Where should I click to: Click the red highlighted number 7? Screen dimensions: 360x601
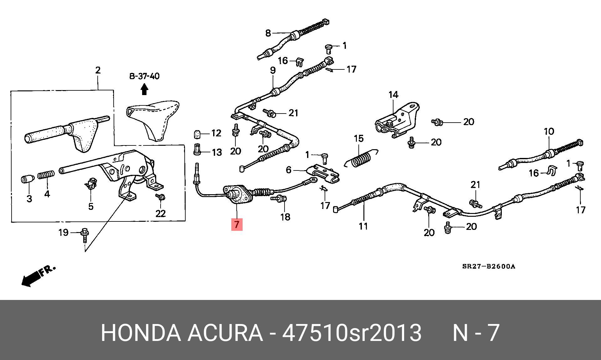(x=237, y=224)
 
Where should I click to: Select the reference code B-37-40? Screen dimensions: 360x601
(x=144, y=76)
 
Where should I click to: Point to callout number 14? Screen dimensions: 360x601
(x=393, y=94)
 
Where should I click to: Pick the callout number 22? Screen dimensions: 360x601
(x=160, y=214)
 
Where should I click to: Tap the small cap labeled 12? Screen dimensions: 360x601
(x=196, y=134)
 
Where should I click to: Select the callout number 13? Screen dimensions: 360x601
(x=217, y=152)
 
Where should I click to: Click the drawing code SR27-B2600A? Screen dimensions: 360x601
(x=488, y=266)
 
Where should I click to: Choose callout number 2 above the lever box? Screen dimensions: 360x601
(x=98, y=70)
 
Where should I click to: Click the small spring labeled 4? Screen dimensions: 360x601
(x=46, y=175)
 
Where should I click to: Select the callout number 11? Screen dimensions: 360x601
(x=363, y=226)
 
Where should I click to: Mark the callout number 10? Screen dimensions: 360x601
(x=549, y=131)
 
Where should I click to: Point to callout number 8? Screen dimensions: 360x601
(x=268, y=33)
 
